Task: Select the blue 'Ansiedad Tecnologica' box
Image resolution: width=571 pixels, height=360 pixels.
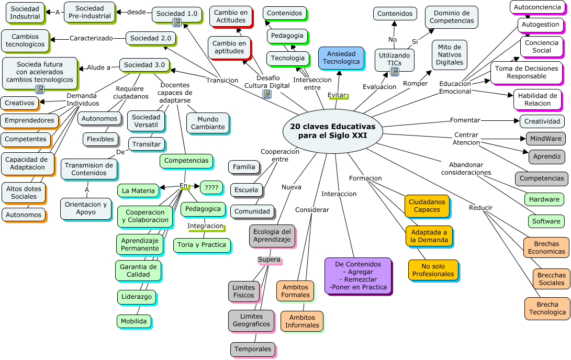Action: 341,58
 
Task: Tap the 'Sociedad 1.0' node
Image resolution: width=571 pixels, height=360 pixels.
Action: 177,14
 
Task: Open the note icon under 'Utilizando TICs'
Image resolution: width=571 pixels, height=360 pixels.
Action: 395,71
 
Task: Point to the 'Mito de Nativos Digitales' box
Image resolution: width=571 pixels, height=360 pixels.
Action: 450,54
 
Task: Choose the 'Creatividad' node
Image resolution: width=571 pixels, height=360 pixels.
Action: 543,121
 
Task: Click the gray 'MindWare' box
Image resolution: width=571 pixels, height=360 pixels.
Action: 545,139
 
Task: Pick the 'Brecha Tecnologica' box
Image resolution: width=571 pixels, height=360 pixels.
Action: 547,308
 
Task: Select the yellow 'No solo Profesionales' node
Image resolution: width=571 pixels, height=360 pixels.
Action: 433,270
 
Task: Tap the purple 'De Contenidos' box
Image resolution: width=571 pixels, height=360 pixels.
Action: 357,276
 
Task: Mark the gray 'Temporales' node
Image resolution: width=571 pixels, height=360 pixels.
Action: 253,349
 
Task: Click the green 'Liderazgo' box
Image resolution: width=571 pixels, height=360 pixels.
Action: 136,297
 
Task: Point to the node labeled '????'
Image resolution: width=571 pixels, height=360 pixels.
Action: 211,187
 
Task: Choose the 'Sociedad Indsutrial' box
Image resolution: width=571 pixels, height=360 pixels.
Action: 25,13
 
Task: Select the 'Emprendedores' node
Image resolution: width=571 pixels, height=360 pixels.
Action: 29,120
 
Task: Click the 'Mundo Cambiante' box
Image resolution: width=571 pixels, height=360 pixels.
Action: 208,123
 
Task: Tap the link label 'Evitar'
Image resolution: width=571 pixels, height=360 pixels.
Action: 337,95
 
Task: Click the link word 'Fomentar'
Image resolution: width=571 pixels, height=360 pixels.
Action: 465,120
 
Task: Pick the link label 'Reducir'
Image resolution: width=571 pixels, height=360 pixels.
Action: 480,208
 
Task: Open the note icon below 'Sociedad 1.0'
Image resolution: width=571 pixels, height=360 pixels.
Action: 177,22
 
